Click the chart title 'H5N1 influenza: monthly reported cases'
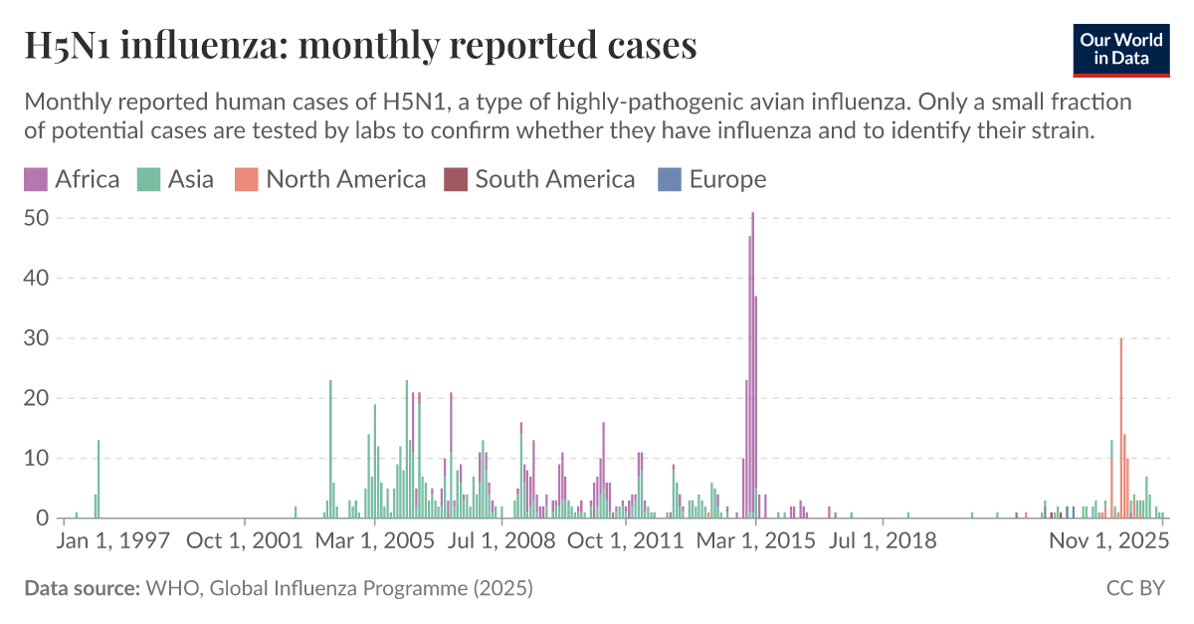[360, 46]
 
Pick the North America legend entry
[330, 179]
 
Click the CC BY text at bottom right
[1135, 588]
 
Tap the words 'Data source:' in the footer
[82, 588]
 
